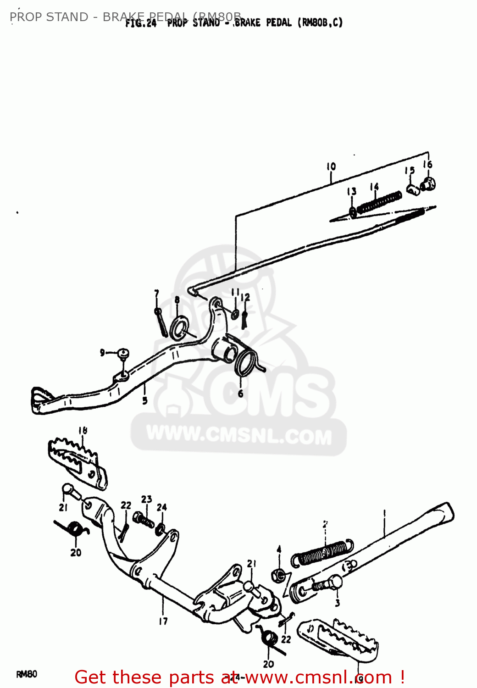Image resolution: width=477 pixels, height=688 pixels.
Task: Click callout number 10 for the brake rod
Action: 331,166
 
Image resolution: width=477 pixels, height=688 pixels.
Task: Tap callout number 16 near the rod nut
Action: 427,164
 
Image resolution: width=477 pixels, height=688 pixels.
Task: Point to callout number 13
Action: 352,191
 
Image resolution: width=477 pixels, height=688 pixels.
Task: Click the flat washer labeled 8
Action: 179,328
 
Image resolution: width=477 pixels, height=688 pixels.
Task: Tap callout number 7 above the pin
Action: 156,294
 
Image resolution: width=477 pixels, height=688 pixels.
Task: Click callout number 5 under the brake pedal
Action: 144,400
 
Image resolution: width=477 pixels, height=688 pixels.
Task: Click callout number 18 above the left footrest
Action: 83,430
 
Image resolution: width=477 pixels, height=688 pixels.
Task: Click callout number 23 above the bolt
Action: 146,499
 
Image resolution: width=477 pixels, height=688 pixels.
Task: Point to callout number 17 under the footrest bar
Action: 163,621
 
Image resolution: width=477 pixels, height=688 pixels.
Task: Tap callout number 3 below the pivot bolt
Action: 338,603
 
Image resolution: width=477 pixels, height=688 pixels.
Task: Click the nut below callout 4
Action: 278,575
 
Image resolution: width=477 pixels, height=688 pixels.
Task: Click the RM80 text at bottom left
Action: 27,674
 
